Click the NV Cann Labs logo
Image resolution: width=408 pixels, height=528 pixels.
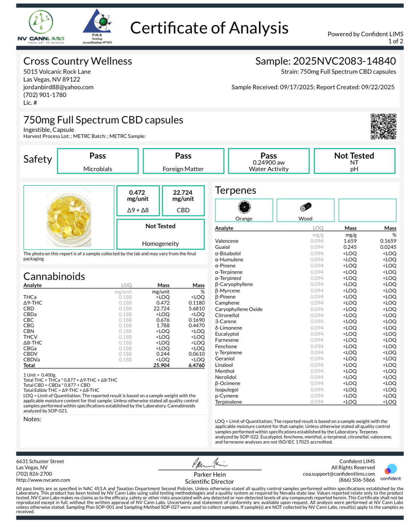tap(41, 27)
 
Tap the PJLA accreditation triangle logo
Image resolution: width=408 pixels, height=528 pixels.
tap(97, 26)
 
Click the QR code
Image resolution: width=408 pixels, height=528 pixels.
tap(383, 126)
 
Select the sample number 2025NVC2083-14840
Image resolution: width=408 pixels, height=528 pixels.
tap(344, 61)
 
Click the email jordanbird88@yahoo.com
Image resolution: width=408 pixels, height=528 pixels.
tap(58, 87)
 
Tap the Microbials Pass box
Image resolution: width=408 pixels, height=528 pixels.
tap(98, 161)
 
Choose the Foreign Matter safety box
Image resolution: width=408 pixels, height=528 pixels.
tap(183, 161)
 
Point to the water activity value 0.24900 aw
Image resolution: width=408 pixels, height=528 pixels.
tap(269, 163)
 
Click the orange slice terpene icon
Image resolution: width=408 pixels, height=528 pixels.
tap(244, 207)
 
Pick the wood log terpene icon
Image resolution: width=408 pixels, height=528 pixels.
tap(305, 207)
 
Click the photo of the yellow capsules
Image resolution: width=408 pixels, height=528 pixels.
tap(69, 217)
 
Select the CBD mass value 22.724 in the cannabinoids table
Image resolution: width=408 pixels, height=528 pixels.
tap(161, 309)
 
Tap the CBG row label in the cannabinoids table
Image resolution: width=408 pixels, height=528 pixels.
tap(29, 326)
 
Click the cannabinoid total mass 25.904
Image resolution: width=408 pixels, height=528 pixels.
tap(161, 365)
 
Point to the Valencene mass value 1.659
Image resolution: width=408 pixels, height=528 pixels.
tap(350, 241)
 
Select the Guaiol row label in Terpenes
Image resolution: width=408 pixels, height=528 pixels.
tap(222, 247)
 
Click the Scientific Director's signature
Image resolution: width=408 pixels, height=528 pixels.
tap(210, 463)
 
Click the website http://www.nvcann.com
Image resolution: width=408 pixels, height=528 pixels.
tap(43, 480)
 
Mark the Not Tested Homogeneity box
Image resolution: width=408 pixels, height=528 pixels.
tap(160, 234)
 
